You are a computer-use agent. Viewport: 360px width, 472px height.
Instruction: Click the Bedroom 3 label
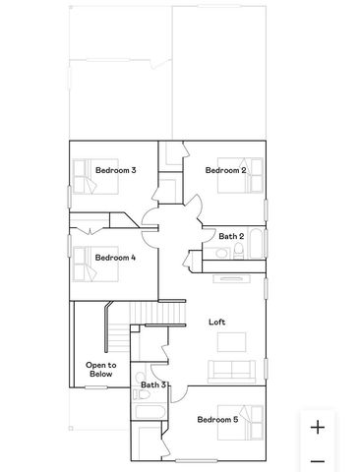click(115, 171)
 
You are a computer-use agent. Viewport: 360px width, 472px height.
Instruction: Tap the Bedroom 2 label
click(224, 171)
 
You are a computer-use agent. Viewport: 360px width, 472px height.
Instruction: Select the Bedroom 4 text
click(115, 258)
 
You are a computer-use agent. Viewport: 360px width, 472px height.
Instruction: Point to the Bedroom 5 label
click(216, 420)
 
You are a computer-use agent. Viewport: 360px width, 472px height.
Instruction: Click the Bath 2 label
click(230, 236)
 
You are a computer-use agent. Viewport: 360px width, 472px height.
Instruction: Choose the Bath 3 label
click(153, 384)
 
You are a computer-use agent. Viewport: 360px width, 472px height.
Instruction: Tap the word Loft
click(217, 323)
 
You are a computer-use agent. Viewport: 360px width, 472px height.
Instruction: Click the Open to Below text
click(100, 369)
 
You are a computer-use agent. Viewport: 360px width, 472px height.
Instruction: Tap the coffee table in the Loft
click(231, 343)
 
